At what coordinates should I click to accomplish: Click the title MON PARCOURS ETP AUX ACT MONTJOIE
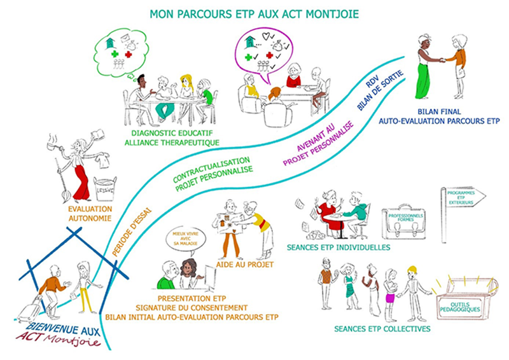click(x=254, y=14)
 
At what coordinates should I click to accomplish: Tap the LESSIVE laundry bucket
click(x=104, y=189)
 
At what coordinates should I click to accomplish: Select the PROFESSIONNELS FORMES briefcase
click(x=403, y=223)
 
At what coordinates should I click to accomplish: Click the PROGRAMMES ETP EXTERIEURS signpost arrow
click(x=464, y=197)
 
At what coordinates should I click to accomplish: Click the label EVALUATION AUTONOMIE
click(x=90, y=214)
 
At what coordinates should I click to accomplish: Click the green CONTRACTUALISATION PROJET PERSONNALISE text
click(x=213, y=174)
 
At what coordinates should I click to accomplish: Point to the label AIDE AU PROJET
click(x=245, y=265)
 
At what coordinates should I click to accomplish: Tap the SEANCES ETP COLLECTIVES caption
click(x=382, y=329)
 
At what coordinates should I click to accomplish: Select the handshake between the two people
click(x=442, y=60)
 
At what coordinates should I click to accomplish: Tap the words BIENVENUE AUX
click(x=63, y=328)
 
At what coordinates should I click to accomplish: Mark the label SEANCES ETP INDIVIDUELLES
click(x=338, y=247)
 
